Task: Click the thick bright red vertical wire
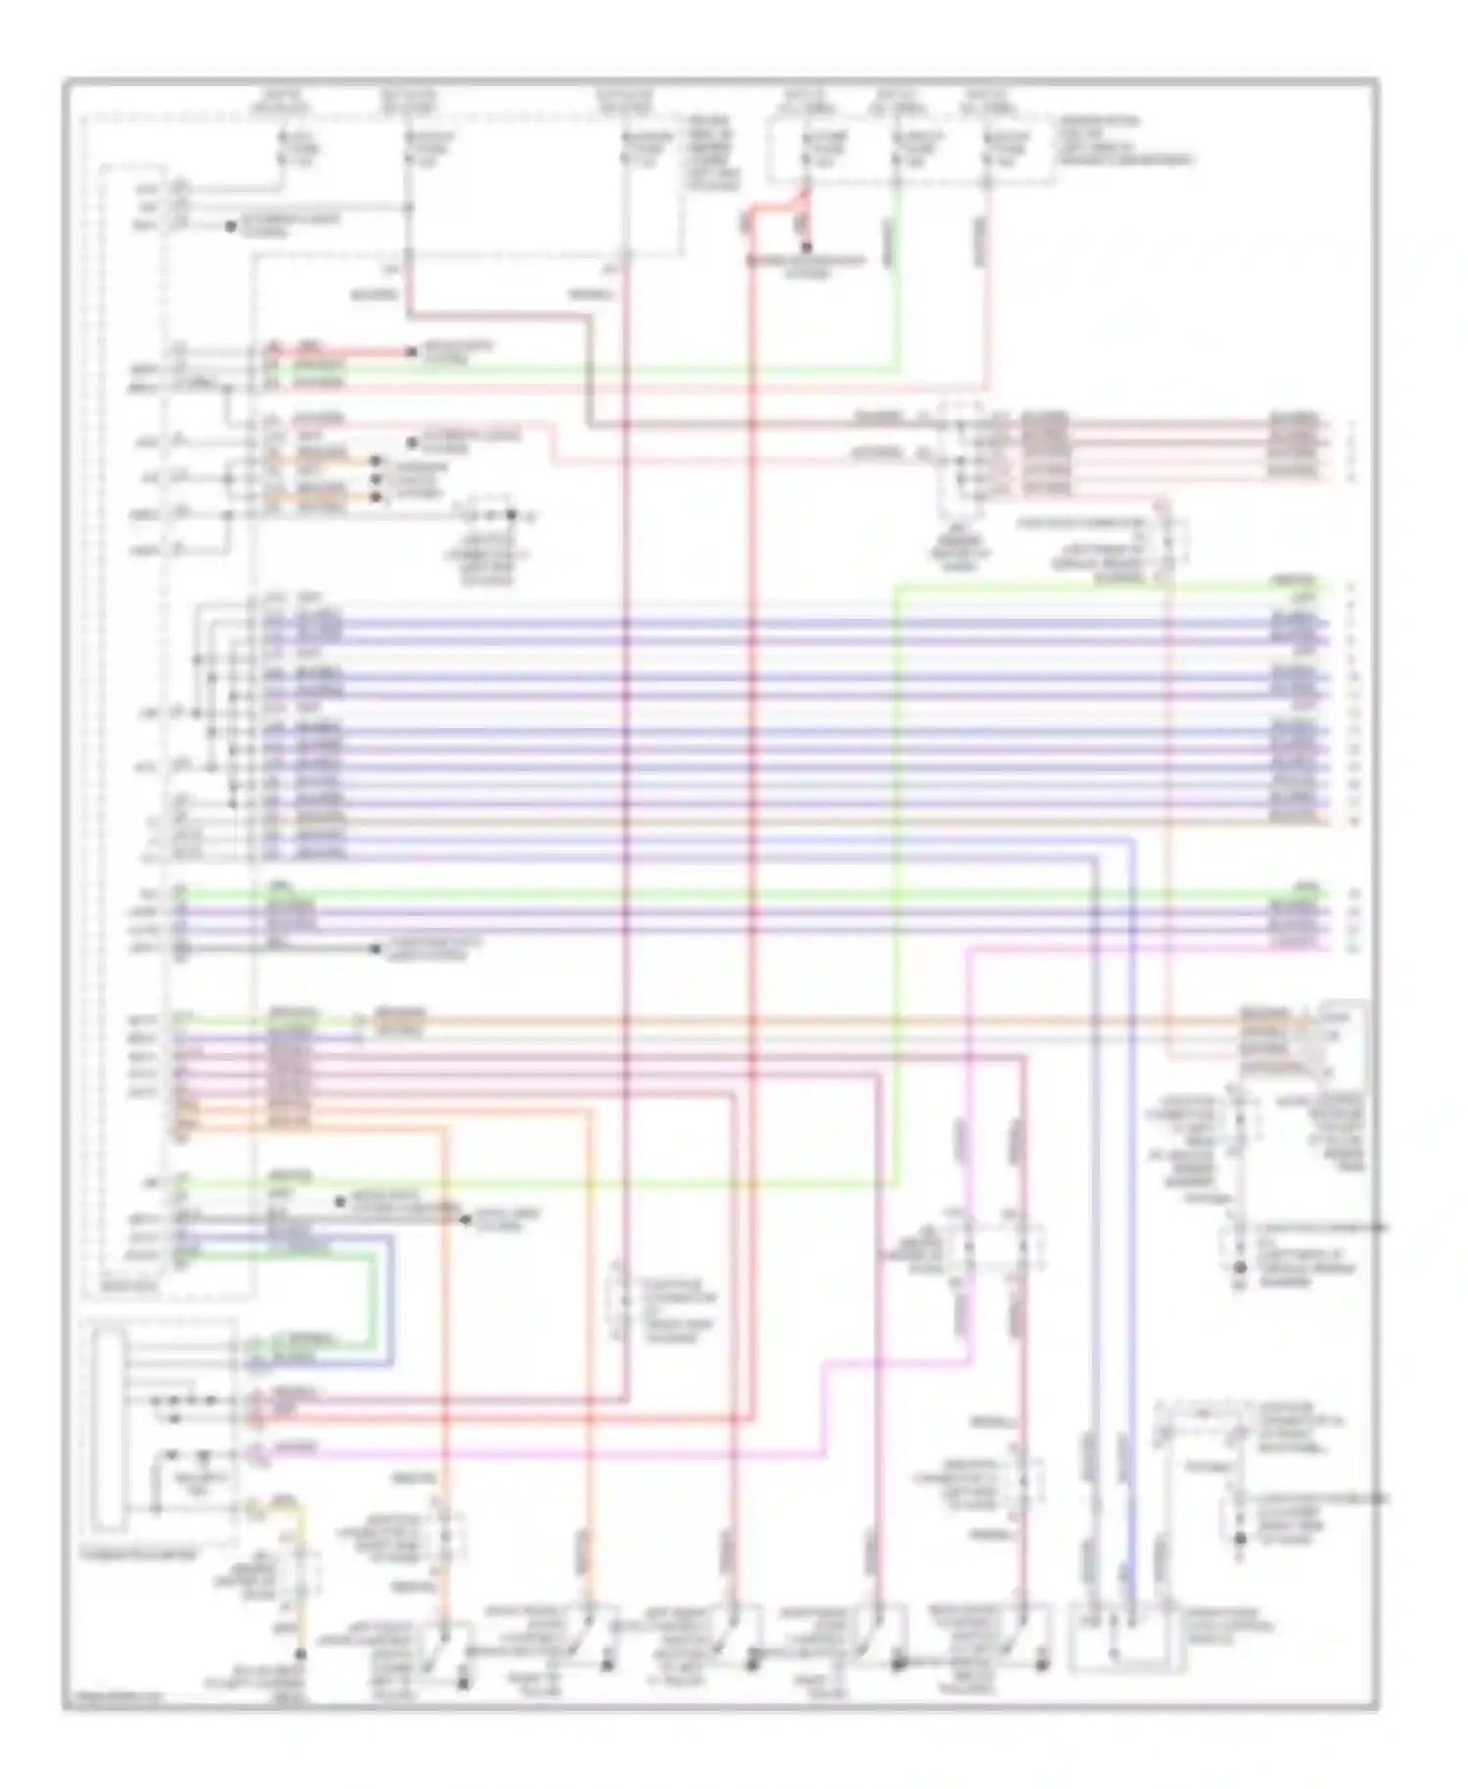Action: click(x=753, y=783)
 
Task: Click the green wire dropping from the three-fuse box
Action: click(x=895, y=274)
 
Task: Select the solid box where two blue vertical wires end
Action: click(x=1116, y=1634)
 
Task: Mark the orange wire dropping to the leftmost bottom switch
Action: click(x=445, y=1370)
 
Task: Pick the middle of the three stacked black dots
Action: click(x=378, y=479)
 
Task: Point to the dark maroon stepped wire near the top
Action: click(x=587, y=372)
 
